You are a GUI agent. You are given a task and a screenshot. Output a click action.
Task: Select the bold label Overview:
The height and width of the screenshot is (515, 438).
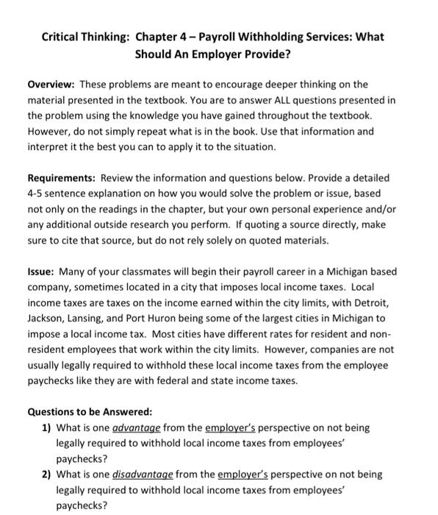pos(54,85)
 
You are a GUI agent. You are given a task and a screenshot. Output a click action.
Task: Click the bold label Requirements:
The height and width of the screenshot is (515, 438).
pos(63,178)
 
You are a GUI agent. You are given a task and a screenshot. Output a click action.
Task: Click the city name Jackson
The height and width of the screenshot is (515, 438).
pos(49,318)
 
